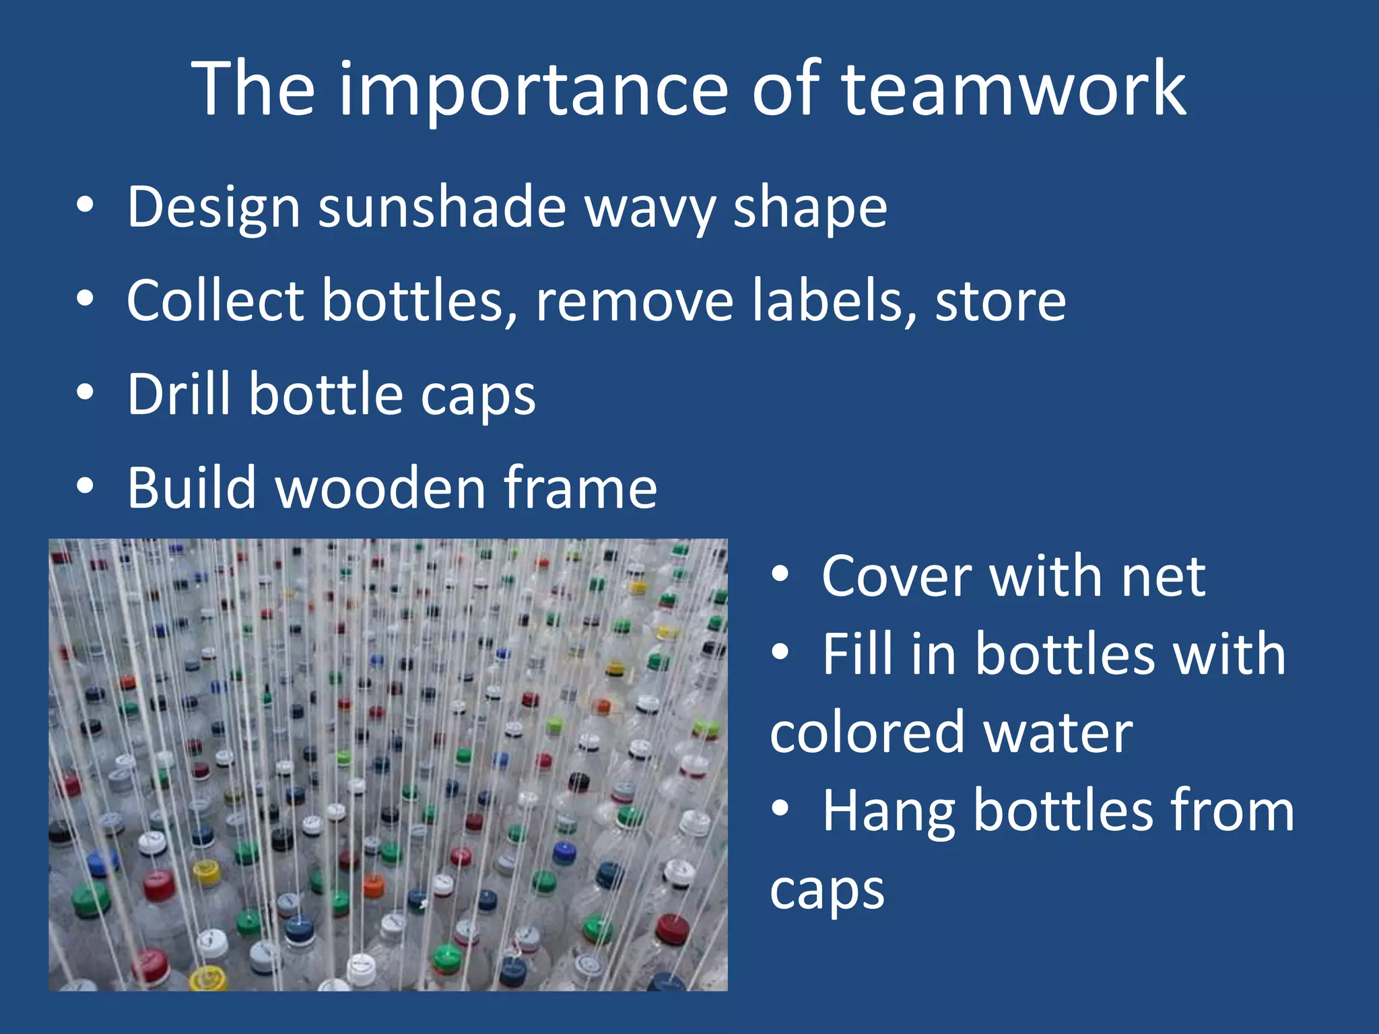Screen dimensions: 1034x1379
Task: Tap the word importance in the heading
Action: (x=533, y=91)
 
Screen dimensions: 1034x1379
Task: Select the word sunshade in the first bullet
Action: (x=442, y=207)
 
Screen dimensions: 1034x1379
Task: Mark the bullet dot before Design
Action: (x=85, y=207)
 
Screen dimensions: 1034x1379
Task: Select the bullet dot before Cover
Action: (x=780, y=575)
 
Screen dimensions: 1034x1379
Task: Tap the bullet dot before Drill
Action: (x=85, y=392)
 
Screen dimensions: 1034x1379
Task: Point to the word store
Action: (x=1001, y=302)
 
